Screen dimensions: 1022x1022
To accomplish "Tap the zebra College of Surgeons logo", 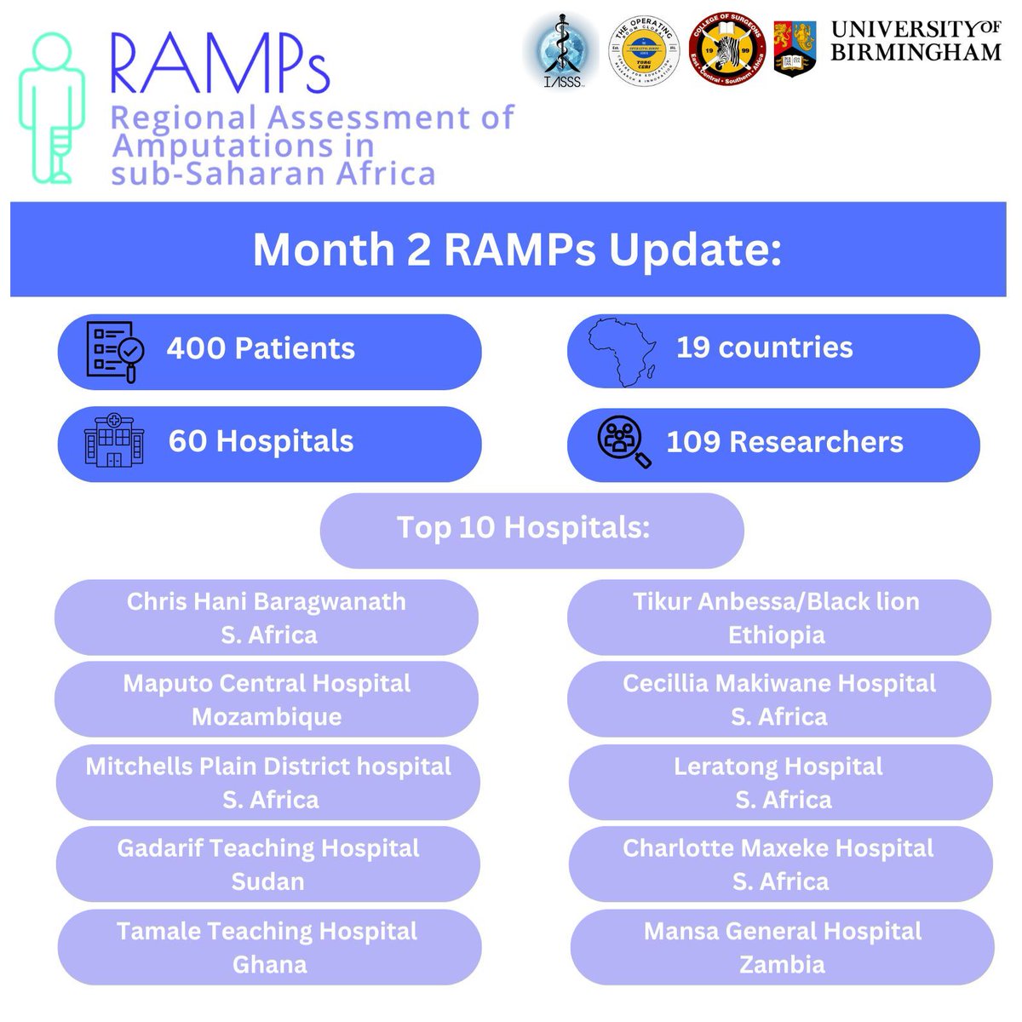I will point(726,49).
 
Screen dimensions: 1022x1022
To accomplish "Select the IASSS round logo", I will point(558,49).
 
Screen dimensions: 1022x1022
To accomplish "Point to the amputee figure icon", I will point(53,108).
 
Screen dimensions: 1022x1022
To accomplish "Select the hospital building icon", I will point(114,440).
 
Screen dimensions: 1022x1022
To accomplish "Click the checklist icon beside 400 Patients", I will point(115,350).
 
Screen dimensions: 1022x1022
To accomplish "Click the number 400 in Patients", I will point(195,348).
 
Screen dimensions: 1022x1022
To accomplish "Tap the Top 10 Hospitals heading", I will point(523,528).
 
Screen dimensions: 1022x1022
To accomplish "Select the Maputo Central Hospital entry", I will point(267,684).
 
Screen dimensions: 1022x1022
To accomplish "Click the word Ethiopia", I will point(777,635).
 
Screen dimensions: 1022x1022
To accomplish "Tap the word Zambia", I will point(782,965).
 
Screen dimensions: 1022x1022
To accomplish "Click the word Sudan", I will point(267,881).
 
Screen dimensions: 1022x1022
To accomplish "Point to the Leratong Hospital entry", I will point(778,766).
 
